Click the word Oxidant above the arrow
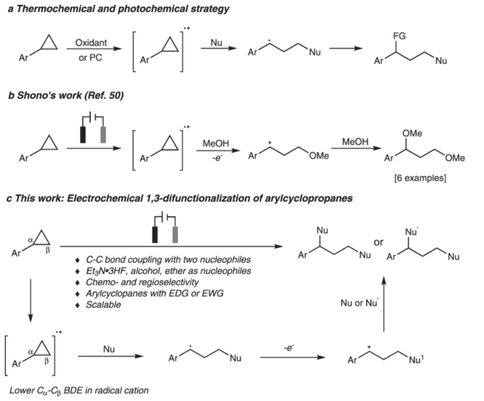pyautogui.click(x=91, y=42)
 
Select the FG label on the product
pyautogui.click(x=399, y=36)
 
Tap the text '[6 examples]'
pyautogui.click(x=420, y=178)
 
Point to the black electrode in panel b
pyautogui.click(x=83, y=135)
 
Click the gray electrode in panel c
pyautogui.click(x=175, y=235)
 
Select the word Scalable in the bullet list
pyautogui.click(x=104, y=305)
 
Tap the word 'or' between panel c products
pyautogui.click(x=378, y=243)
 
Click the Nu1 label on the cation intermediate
pyautogui.click(x=416, y=359)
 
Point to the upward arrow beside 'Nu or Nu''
pyautogui.click(x=384, y=304)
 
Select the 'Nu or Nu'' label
pyautogui.click(x=359, y=303)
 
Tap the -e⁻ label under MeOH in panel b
pyautogui.click(x=217, y=158)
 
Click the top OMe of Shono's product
pyautogui.click(x=412, y=133)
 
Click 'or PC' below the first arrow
pyautogui.click(x=90, y=58)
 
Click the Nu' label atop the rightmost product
pyautogui.click(x=412, y=231)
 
